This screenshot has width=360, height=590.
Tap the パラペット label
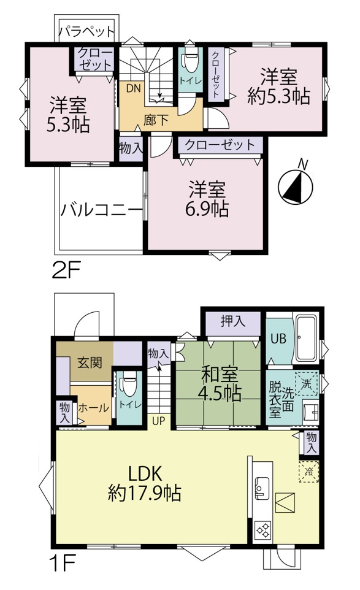pos(87,31)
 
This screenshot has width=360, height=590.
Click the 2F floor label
pos(67,270)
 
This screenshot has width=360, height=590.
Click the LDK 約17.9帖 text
pos(145,483)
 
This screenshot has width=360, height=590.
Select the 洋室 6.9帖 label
pos(207,199)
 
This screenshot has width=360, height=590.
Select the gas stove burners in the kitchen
pos(262,531)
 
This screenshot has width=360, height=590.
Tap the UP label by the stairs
pos(159,421)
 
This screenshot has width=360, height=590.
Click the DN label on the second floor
pos(134,88)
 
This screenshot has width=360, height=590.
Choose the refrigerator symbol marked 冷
pos(309,471)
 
